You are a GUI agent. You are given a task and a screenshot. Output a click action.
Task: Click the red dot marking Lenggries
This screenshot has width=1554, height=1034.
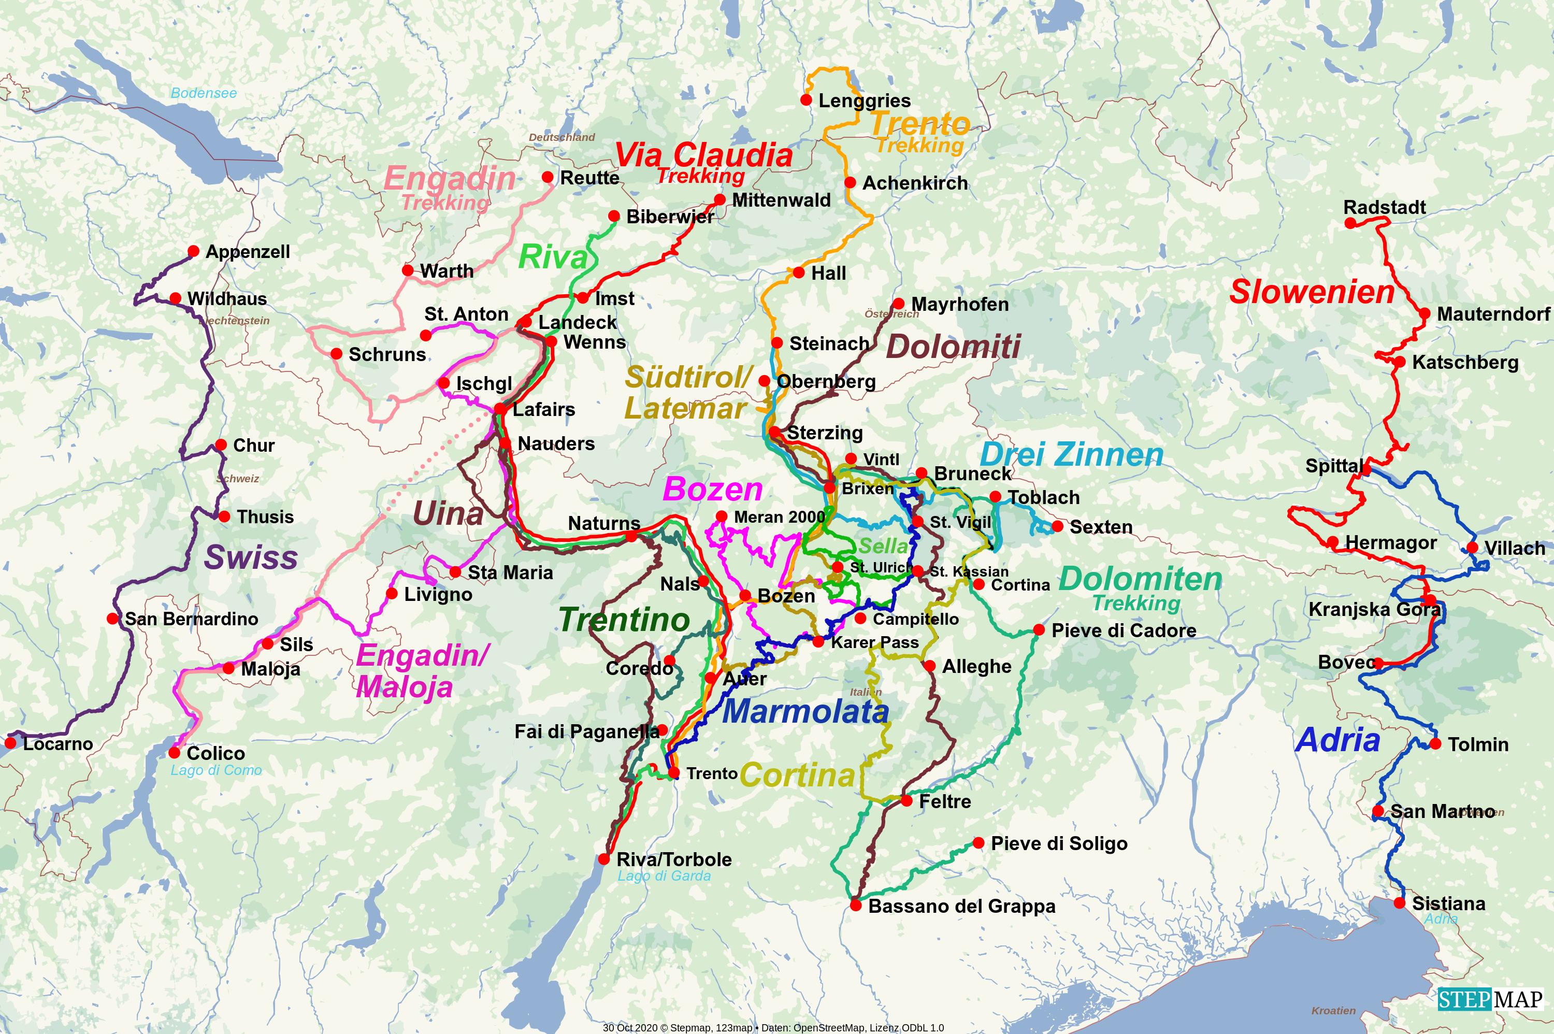pos(805,100)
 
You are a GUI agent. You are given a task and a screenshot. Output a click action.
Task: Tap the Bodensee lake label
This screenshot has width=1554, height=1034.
pos(203,93)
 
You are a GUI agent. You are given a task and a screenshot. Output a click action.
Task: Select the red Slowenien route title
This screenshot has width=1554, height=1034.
pos(1312,292)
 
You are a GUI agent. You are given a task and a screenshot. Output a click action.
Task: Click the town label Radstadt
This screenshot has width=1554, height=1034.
pos(1385,207)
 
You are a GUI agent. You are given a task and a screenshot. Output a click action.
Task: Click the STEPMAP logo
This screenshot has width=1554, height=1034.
pos(1490,999)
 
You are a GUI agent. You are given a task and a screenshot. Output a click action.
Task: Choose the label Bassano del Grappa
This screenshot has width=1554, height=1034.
pos(961,906)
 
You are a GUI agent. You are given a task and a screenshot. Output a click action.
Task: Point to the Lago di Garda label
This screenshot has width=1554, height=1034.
pos(664,875)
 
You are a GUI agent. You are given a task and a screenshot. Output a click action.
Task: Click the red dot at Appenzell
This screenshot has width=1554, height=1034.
pos(193,251)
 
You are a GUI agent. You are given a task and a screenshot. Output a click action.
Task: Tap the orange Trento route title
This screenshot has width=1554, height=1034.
pos(920,123)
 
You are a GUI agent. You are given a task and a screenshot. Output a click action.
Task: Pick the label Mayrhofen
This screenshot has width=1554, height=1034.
pos(959,304)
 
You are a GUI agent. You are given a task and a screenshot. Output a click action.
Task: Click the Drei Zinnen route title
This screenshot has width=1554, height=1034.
pos(1071,455)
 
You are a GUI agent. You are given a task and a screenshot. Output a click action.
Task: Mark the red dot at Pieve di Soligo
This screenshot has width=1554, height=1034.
pos(979,843)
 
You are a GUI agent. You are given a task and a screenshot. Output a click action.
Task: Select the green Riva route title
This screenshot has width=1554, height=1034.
pos(553,257)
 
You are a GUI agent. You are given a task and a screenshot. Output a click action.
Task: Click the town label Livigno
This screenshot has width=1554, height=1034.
pos(438,595)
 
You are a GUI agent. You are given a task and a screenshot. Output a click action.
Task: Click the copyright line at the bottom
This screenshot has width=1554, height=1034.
pos(773,1027)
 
